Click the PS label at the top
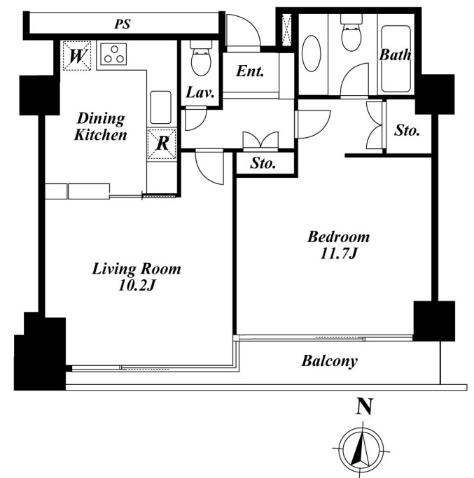123,24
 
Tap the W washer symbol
76,56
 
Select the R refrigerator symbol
162,144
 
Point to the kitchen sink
161,107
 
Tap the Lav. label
200,92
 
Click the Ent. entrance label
250,71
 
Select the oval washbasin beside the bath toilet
312,54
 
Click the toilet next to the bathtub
351,33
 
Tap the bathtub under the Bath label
396,59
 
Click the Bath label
395,55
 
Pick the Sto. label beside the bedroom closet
407,130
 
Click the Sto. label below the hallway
263,163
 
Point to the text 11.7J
339,253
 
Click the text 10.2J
137,286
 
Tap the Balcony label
330,361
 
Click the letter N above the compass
364,407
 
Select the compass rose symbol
362,450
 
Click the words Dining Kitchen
101,127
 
